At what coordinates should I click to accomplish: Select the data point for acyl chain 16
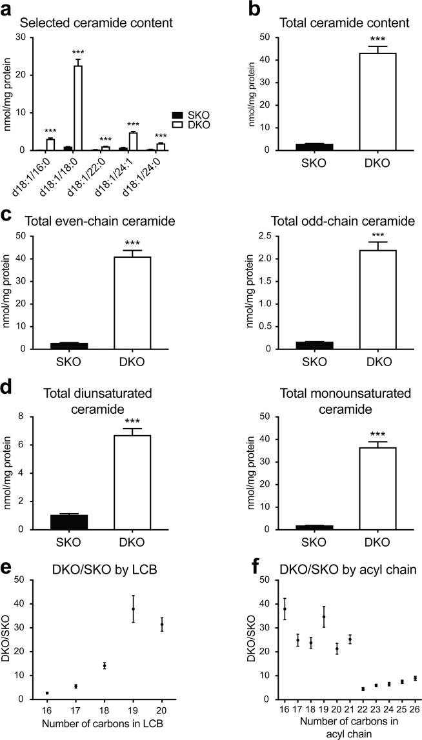point(248,609)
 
